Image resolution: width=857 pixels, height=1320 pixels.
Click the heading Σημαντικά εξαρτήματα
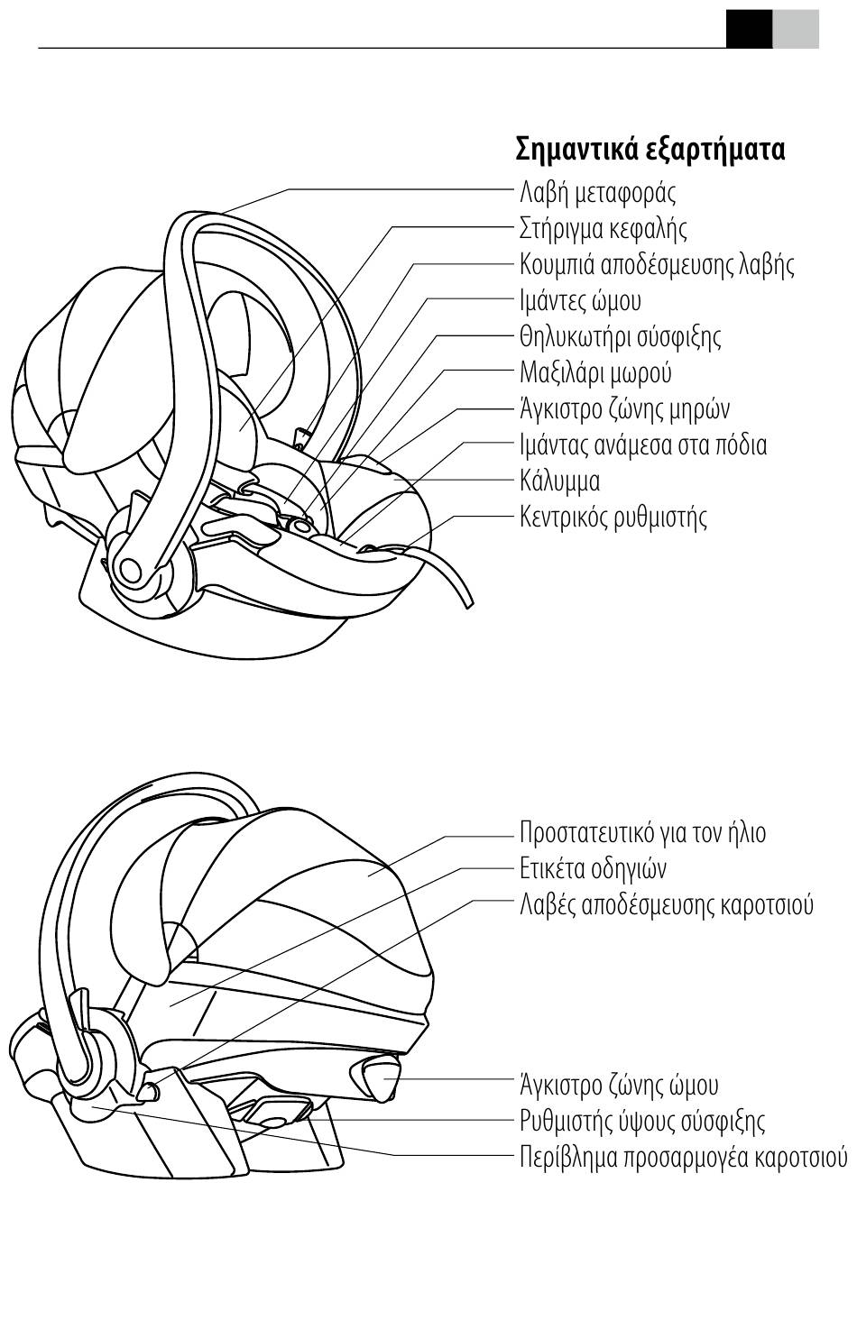point(650,149)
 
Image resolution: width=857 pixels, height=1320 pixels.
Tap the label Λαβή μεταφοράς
point(597,192)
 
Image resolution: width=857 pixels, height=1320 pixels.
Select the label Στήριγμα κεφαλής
point(603,228)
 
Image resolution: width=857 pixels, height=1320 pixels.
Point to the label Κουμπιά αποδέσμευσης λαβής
point(657,264)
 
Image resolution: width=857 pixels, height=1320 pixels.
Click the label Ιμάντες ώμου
point(580,300)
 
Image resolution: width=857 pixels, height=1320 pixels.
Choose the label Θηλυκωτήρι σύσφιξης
point(620,336)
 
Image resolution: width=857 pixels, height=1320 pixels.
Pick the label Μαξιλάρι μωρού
point(595,372)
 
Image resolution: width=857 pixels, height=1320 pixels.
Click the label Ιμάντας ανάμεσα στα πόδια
point(643,445)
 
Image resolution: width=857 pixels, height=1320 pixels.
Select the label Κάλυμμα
point(560,481)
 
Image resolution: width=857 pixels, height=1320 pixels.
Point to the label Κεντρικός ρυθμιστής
point(613,517)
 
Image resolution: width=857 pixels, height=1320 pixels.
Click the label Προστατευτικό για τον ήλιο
point(642,832)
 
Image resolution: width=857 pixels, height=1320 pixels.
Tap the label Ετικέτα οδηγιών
point(593,868)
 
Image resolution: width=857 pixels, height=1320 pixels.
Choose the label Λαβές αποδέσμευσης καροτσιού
point(666,904)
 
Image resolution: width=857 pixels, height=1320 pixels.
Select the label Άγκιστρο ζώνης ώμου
point(619,1085)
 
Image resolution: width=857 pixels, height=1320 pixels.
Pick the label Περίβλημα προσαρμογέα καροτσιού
point(683,1157)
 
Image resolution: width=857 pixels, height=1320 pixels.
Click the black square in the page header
point(749,28)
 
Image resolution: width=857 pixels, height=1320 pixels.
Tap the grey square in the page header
point(796,28)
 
